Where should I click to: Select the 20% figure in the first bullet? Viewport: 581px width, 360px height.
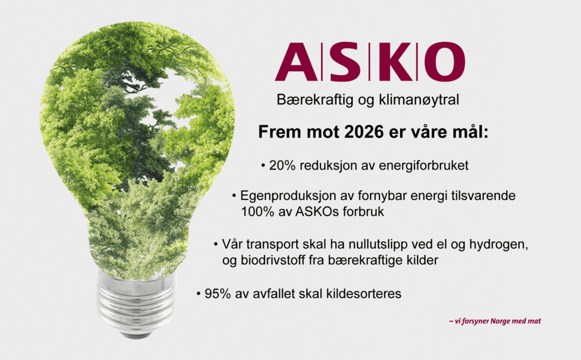tap(282, 165)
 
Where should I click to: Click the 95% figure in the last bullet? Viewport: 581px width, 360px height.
tap(218, 294)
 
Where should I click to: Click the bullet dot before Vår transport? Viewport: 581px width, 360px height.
tap(216, 245)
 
